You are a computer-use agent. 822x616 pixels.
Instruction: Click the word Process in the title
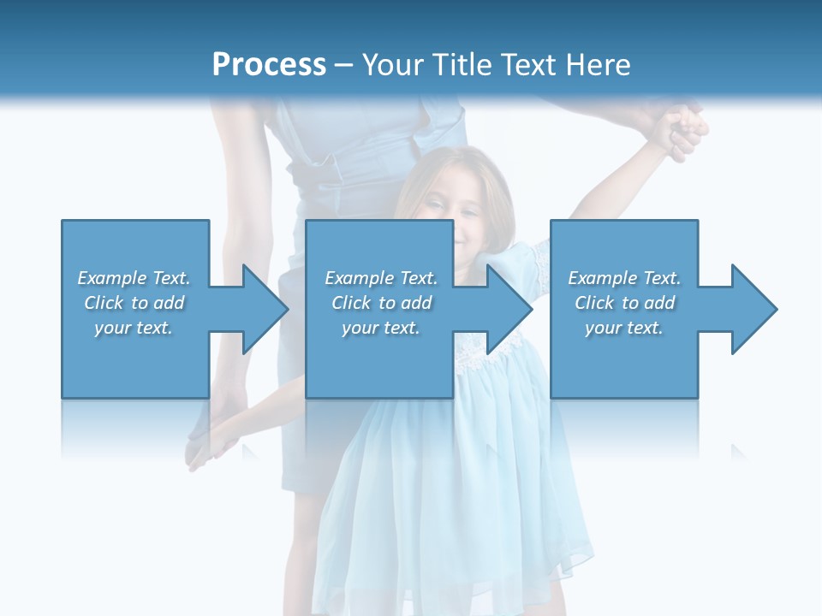(x=269, y=65)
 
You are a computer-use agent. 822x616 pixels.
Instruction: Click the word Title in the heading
(x=462, y=65)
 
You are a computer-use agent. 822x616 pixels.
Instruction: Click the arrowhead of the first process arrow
(x=265, y=309)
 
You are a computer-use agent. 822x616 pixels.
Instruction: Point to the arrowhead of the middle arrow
(x=509, y=309)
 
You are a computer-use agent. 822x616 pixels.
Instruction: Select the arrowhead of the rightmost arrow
(x=754, y=309)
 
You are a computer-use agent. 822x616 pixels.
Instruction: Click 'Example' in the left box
(x=111, y=278)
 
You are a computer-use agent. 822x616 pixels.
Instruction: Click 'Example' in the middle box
(x=359, y=278)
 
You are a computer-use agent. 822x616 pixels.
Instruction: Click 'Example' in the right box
(x=602, y=278)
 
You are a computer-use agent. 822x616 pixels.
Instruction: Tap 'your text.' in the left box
(x=134, y=328)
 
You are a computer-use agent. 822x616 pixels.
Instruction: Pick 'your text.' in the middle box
(x=381, y=328)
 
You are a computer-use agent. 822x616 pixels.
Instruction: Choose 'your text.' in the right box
(x=624, y=328)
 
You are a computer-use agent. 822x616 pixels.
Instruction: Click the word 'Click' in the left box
(x=104, y=303)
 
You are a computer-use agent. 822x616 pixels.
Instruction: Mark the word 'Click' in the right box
(x=595, y=303)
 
